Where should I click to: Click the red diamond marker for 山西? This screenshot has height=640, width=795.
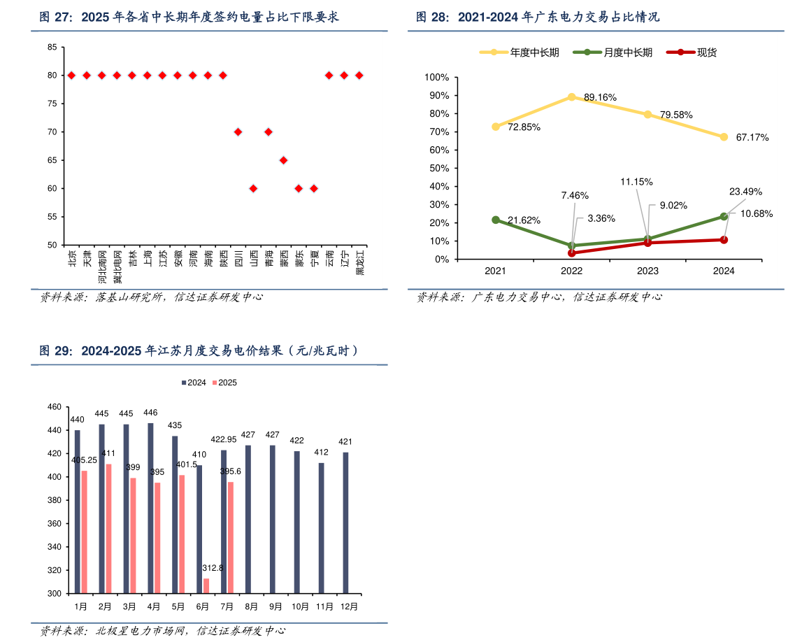coord(253,188)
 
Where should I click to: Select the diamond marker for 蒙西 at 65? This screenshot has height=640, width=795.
coord(283,160)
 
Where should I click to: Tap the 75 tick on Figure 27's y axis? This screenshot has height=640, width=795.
coord(52,104)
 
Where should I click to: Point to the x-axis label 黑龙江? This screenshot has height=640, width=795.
coord(360,262)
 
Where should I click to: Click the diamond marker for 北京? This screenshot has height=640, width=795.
coord(71,76)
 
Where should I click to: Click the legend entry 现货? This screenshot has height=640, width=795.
coord(706,52)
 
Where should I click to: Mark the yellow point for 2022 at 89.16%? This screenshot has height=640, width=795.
coord(572,97)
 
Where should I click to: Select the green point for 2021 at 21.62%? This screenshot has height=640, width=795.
coord(496,220)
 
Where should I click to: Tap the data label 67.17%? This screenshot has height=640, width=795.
coord(752,138)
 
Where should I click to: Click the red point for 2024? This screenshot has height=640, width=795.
coord(724,240)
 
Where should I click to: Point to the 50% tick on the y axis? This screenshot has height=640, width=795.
coord(441,169)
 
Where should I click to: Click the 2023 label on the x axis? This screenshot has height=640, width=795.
coord(647,271)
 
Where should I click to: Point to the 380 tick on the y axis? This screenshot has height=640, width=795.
coord(54,500)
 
